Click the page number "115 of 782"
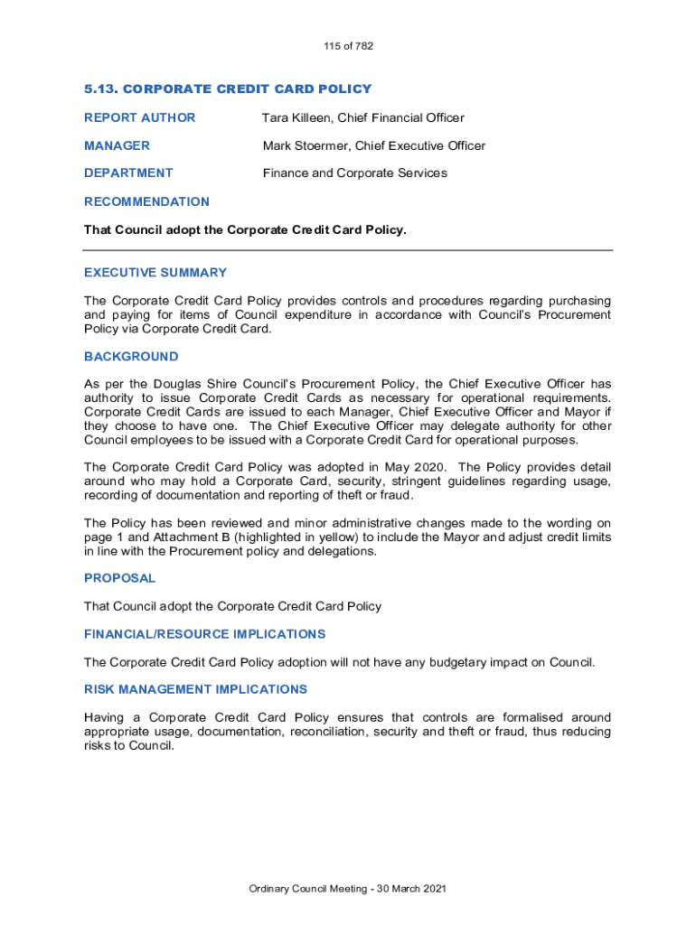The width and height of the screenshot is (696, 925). [x=348, y=46]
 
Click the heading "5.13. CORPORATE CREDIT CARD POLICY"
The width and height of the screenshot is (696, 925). [x=228, y=89]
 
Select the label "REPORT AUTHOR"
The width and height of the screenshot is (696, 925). [x=139, y=117]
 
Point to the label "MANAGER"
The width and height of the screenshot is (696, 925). [x=117, y=145]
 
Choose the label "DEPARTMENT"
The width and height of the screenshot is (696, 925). [x=128, y=173]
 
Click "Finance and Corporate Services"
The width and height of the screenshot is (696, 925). [x=354, y=173]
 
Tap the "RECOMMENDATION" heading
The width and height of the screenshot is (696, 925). [x=146, y=201]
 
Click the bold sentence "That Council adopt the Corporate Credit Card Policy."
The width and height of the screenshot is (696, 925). [x=245, y=229]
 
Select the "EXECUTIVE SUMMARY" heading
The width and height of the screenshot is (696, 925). [x=155, y=272]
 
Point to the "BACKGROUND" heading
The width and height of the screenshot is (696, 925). [x=131, y=357]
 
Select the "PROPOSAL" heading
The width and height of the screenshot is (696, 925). [x=119, y=578]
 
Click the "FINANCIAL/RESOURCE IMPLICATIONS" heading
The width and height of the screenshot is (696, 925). [x=204, y=634]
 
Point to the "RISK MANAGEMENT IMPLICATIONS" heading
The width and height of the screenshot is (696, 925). [x=195, y=689]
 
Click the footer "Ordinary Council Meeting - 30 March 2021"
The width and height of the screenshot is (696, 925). [x=348, y=889]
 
